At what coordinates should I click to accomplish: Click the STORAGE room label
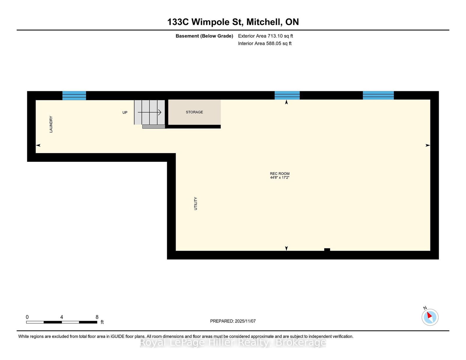[194, 112]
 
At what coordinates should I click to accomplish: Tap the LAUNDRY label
[51, 124]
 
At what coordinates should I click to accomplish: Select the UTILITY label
[196, 203]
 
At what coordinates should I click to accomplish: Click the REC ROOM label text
[280, 173]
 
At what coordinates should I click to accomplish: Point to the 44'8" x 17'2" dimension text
[280, 178]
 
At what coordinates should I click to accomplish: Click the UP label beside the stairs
[125, 113]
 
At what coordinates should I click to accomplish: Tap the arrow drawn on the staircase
[149, 112]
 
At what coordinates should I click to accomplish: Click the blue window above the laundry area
[74, 95]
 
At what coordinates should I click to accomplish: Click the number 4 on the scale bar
[61, 317]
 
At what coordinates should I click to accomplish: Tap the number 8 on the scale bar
[97, 317]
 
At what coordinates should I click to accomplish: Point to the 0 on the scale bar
[27, 317]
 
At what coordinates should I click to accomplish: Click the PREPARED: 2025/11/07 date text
[233, 321]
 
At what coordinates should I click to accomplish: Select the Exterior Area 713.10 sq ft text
[266, 36]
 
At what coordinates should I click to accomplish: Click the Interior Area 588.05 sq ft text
[265, 43]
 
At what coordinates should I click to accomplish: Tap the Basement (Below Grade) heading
[204, 36]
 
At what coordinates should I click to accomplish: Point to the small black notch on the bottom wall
[327, 250]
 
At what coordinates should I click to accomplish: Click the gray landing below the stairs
[154, 127]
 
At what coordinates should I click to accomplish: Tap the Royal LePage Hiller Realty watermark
[233, 343]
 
